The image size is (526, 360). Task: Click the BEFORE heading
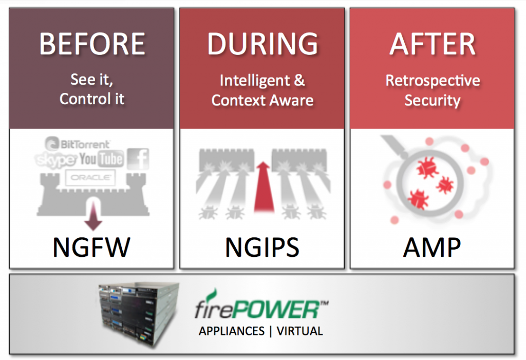pos(92,44)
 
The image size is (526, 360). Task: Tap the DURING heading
pos(262,44)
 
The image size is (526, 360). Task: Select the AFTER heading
pos(432,44)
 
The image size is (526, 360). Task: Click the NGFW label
pos(92,248)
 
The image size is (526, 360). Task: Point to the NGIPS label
pos(262,248)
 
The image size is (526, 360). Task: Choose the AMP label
pos(432,248)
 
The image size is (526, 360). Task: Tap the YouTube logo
pos(101,159)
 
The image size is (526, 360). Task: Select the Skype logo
pos(56,160)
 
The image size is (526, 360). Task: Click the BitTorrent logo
pos(78,144)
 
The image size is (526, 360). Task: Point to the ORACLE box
pos(90,178)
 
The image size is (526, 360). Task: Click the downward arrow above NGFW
pos(93,218)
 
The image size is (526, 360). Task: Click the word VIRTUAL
pos(299,331)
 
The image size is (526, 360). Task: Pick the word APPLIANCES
pos(231,331)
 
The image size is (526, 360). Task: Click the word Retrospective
pos(433,81)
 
